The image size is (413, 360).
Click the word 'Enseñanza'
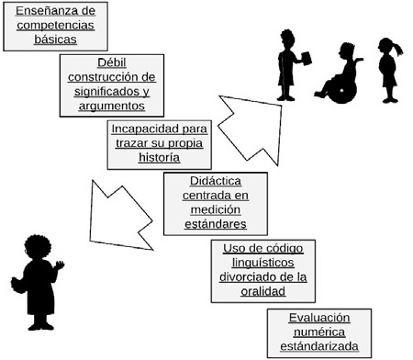[39, 11]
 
